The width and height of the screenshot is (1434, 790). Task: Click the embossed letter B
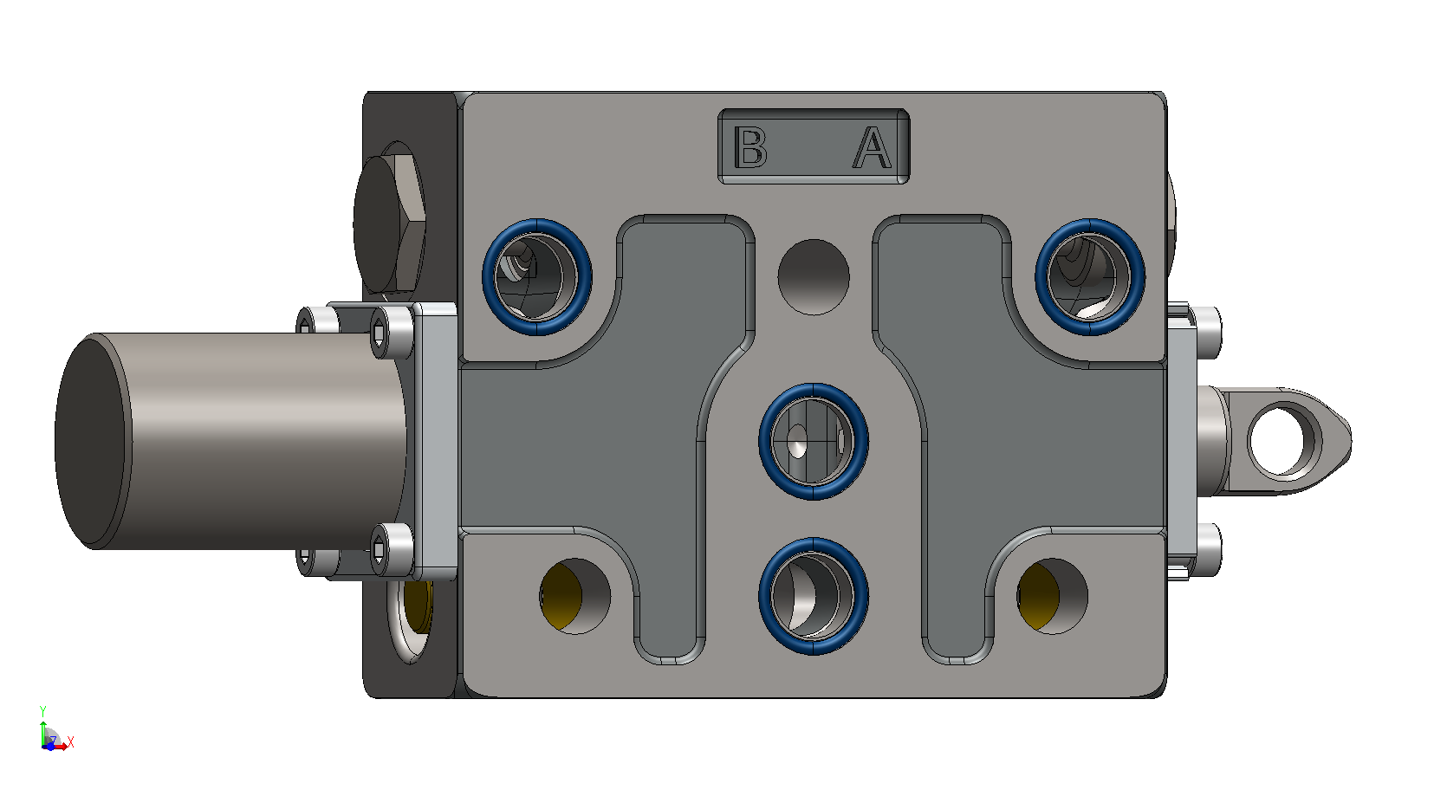coord(749,146)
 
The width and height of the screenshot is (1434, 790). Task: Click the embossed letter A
coord(872,146)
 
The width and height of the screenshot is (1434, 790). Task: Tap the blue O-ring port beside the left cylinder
coord(537,277)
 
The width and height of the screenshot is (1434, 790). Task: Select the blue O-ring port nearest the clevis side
coord(1090,277)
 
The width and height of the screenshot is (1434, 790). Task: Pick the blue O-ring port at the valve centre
coord(814,441)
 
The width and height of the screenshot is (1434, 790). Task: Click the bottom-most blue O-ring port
coord(814,596)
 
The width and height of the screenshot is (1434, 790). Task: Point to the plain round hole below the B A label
coord(814,277)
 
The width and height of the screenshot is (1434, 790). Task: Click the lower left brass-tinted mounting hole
coord(574,596)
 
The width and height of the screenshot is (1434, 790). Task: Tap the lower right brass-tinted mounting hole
coord(1052,596)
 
